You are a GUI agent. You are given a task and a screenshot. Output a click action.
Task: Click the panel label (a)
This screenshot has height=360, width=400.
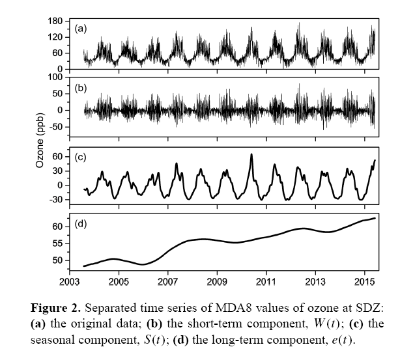pos(81,28)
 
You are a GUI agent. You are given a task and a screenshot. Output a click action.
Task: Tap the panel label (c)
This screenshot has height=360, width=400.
pos(81,157)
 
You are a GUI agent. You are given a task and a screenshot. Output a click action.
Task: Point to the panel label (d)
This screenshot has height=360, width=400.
pos(81,225)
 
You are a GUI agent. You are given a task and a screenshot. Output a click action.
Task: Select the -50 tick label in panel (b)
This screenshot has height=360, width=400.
pos(57,127)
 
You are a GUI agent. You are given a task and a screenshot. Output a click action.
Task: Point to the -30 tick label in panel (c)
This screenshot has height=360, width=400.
pos(57,199)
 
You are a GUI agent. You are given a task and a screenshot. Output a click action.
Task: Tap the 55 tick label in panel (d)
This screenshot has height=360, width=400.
pos(59,243)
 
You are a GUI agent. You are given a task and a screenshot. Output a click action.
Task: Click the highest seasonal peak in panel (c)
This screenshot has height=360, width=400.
pos(251,154)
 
